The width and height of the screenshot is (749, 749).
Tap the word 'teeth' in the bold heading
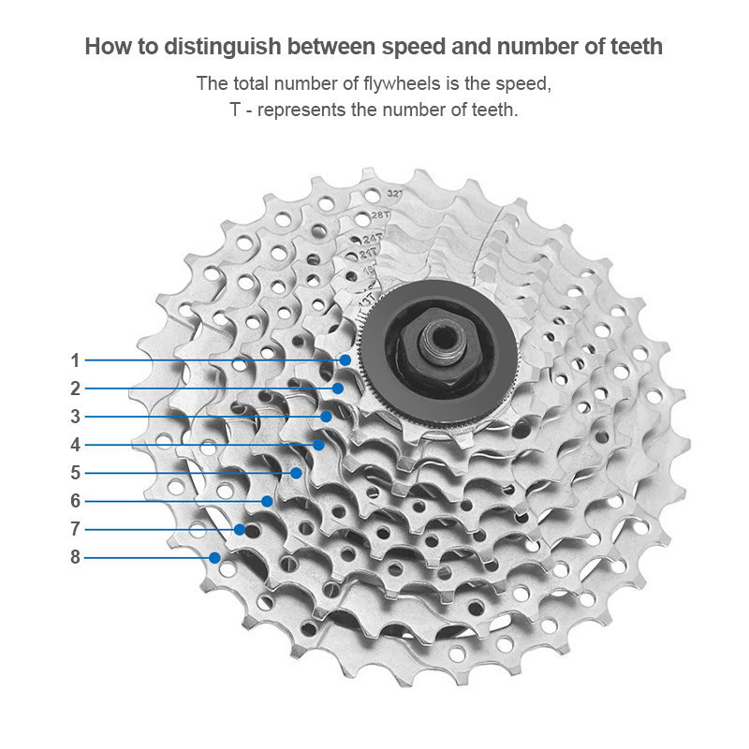632,47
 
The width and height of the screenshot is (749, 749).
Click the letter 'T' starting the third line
235,110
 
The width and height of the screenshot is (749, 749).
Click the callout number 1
75,360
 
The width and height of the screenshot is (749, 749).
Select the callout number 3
75,417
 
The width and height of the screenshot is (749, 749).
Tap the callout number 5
75,473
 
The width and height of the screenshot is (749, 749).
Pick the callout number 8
75,557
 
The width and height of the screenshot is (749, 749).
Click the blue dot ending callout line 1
345,360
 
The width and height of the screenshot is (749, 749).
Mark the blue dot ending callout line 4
318,445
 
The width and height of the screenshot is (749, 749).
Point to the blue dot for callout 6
267,501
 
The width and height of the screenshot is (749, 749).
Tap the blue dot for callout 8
214,557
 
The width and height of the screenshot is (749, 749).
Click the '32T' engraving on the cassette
395,195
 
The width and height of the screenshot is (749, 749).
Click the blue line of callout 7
159,529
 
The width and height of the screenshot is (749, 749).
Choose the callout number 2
75,389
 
